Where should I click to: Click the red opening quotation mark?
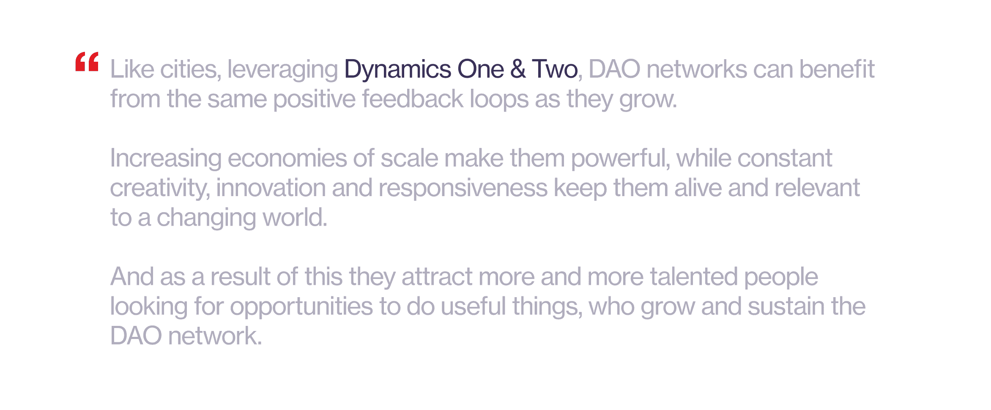point(87,62)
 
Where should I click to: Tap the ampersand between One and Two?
point(518,69)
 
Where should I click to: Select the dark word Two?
point(555,69)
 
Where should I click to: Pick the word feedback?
point(413,98)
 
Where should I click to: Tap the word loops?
point(499,100)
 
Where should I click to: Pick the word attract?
point(437,277)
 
